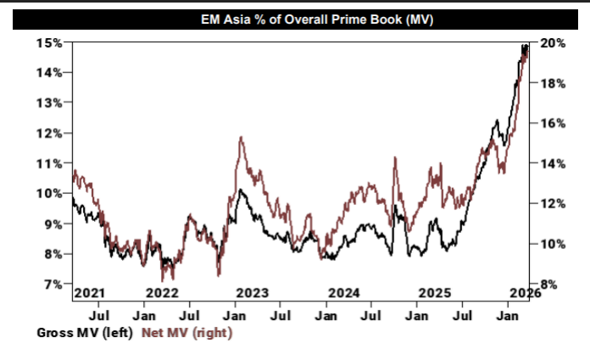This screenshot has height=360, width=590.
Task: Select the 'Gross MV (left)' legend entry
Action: click(x=84, y=333)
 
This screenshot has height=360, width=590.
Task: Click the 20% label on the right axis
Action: click(x=544, y=43)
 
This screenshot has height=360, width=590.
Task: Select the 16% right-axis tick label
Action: click(x=544, y=124)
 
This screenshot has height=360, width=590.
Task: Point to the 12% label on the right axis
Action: click(x=544, y=204)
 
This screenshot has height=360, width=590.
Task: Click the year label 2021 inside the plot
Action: click(x=89, y=292)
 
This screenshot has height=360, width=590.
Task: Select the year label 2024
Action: click(x=344, y=292)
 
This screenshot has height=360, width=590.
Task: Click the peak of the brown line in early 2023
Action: click(x=242, y=137)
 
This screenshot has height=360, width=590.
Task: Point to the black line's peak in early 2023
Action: click(x=241, y=191)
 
